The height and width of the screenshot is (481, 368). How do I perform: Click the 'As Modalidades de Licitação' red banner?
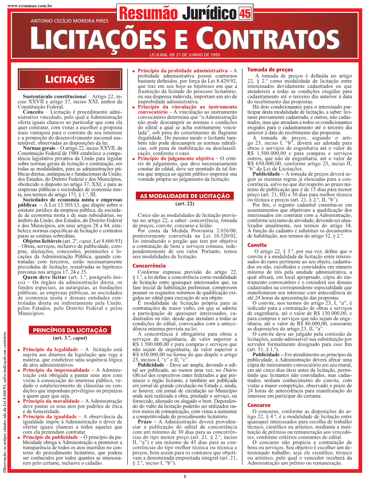point(184,196)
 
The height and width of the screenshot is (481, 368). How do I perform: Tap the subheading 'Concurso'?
point(258,405)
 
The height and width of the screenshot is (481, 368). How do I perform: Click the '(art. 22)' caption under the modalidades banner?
point(184,204)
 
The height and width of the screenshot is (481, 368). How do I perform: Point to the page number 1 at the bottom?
point(184,476)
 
